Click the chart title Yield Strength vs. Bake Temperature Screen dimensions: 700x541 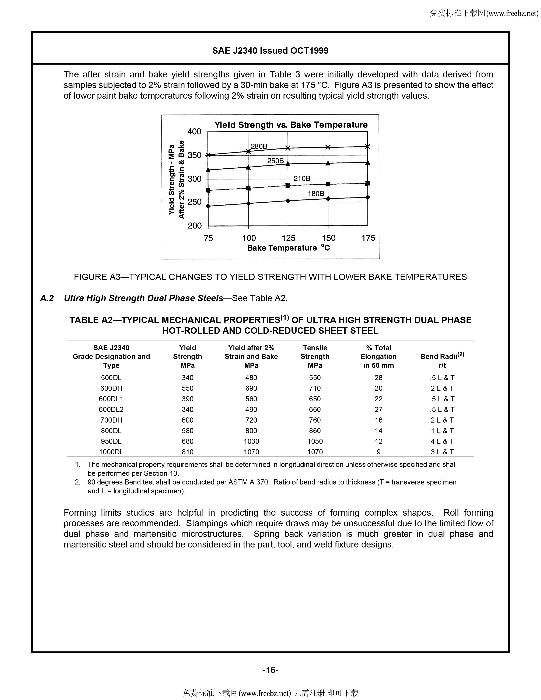pyautogui.click(x=291, y=125)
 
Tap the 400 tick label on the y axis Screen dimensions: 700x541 pyautogui.click(x=194, y=132)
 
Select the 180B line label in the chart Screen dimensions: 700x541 pyautogui.click(x=316, y=194)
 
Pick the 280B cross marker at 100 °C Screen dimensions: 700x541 pyautogui.click(x=248, y=151)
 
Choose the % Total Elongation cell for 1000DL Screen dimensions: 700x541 pyautogui.click(x=378, y=452)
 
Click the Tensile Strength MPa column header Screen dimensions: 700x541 pyautogui.click(x=315, y=356)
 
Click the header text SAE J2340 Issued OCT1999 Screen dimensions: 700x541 pyautogui.click(x=270, y=51)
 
